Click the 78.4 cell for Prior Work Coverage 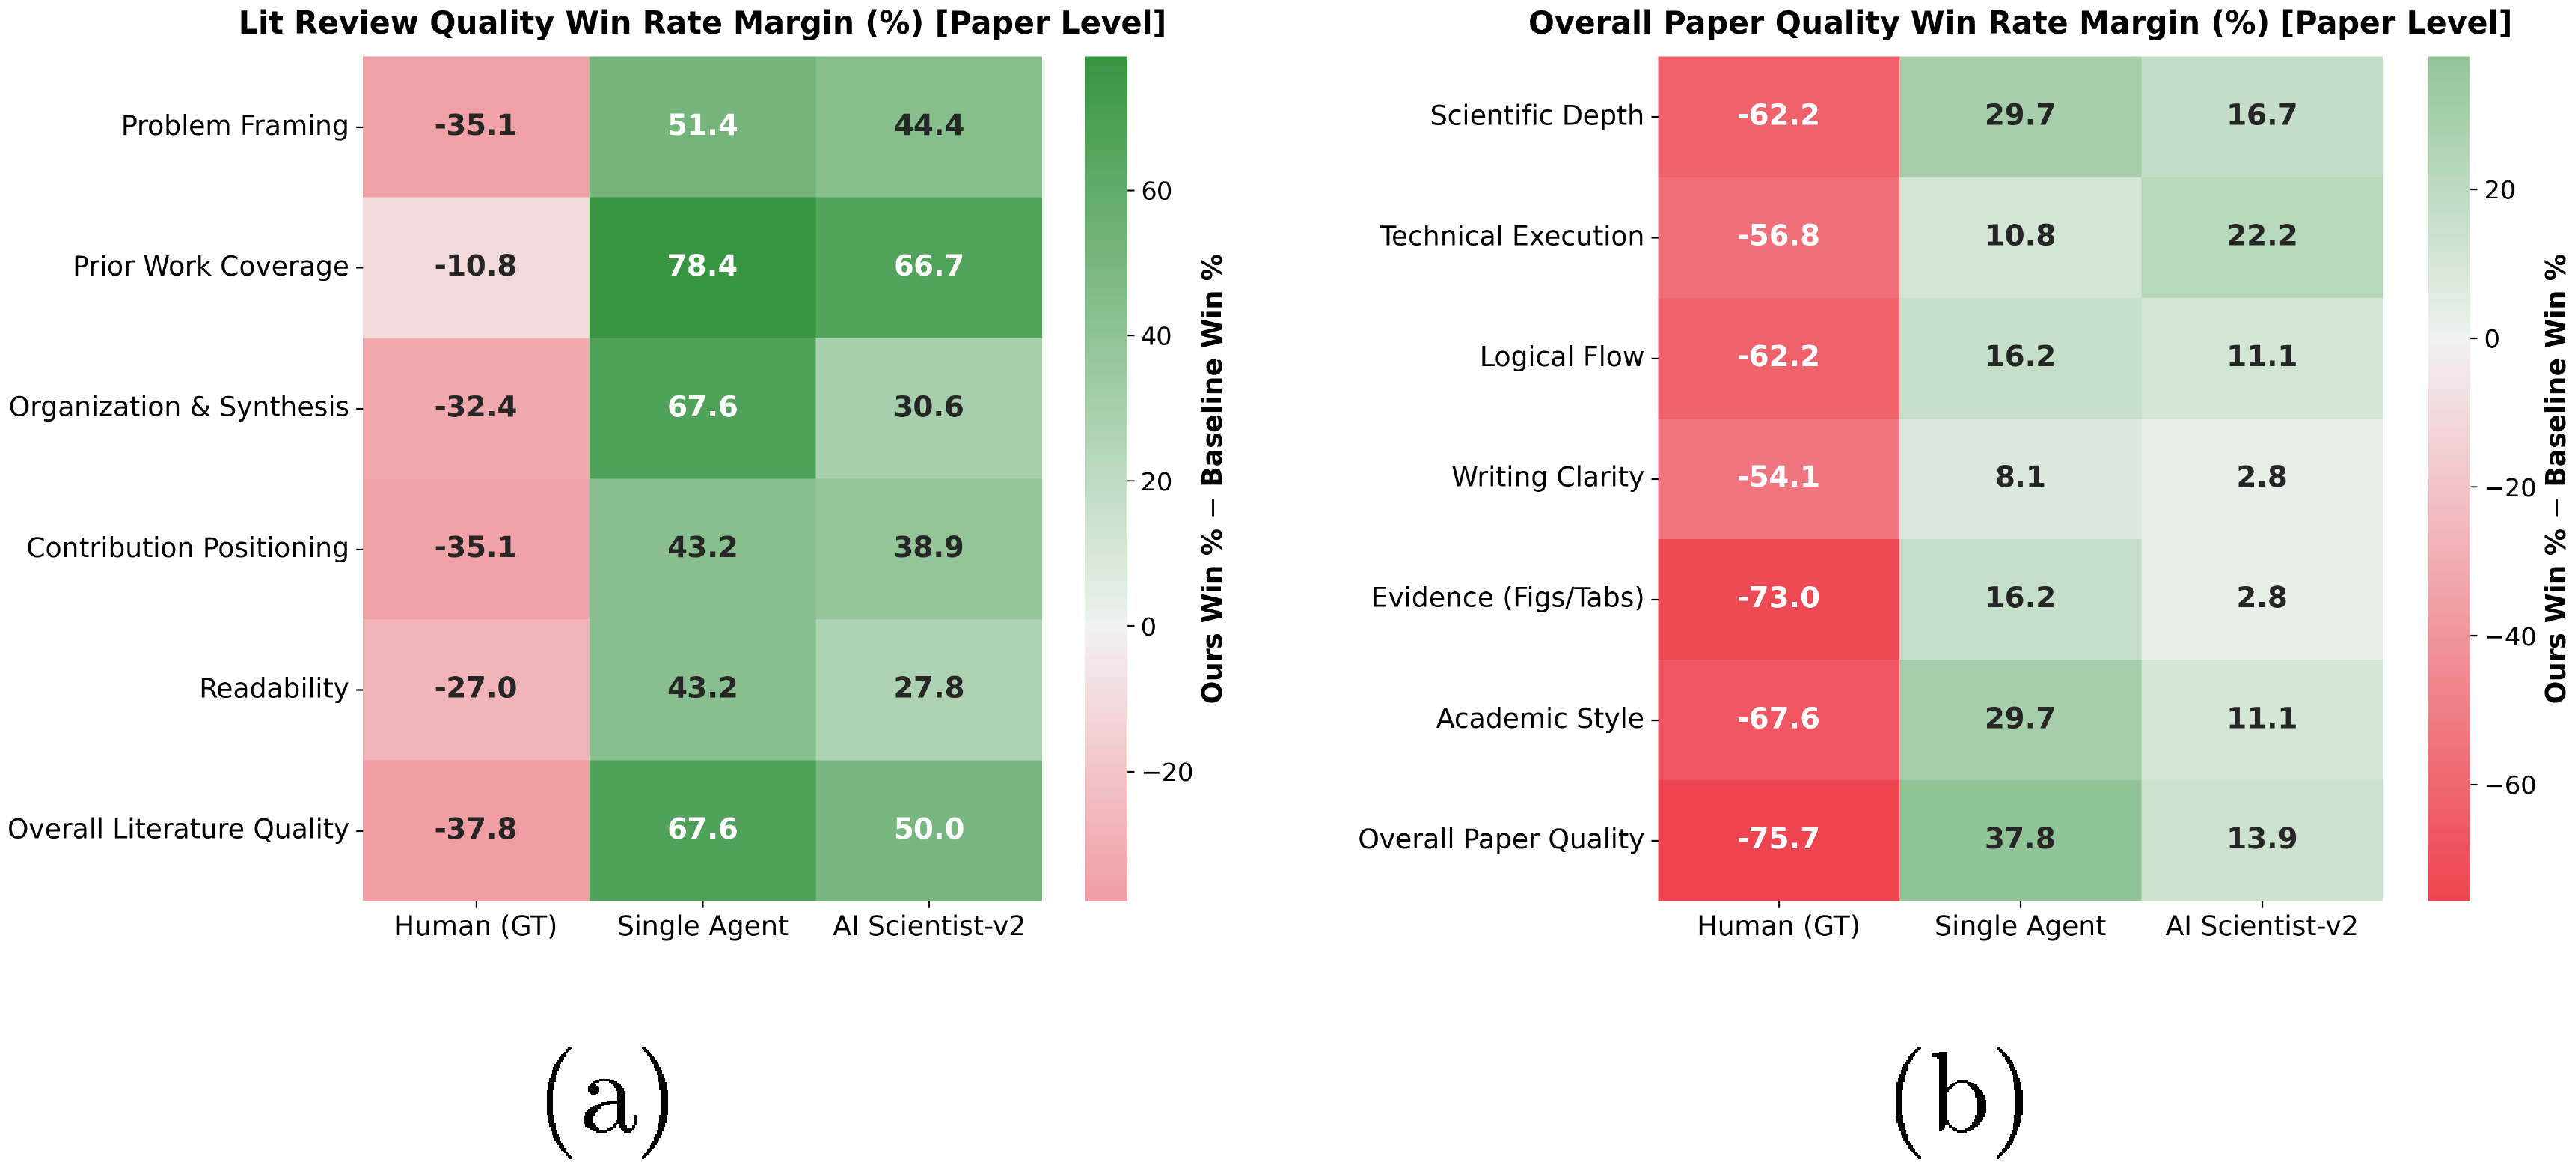[x=702, y=266]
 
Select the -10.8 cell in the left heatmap [x=475, y=266]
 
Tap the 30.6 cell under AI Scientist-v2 [x=928, y=407]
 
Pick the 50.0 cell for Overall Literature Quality [x=928, y=829]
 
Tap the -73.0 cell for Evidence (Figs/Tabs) [x=1778, y=598]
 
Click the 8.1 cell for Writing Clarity [x=2019, y=477]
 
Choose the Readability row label [x=273, y=688]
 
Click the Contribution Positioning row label [x=187, y=548]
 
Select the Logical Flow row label [x=1561, y=357]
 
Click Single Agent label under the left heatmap [x=702, y=926]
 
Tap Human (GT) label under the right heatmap [x=1778, y=926]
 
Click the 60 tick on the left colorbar [x=1156, y=191]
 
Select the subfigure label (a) [x=607, y=1102]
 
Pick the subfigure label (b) [x=1959, y=1102]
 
